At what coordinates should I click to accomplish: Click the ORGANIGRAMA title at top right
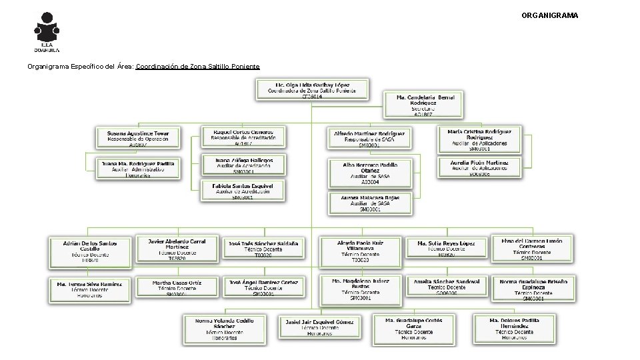(x=550, y=15)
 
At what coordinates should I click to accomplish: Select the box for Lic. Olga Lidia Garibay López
(x=312, y=90)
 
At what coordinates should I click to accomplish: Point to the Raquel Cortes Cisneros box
(x=243, y=137)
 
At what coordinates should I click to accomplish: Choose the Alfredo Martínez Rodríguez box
(x=369, y=138)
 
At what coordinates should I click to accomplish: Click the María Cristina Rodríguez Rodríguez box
(x=475, y=138)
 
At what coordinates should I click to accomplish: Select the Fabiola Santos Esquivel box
(x=243, y=190)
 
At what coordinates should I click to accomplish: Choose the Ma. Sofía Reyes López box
(x=447, y=247)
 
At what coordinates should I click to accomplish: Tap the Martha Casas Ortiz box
(x=177, y=287)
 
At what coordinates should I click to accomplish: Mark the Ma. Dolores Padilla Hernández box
(x=514, y=329)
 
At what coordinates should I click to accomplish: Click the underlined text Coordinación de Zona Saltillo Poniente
(x=197, y=67)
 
